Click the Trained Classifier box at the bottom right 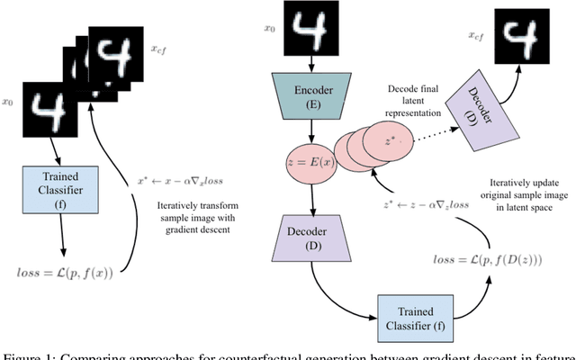(400, 306)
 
